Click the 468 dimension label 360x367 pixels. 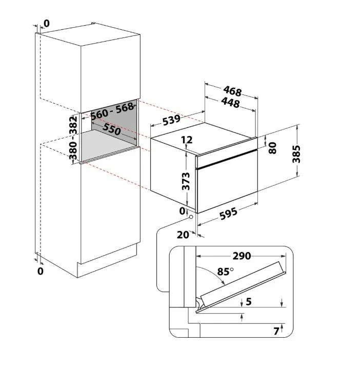point(232,92)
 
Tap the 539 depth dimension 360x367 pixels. point(170,121)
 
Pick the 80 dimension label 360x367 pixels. point(272,147)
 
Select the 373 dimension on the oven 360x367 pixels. point(186,182)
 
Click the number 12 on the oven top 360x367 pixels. point(187,140)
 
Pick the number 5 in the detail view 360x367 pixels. point(249,302)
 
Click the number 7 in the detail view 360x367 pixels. point(276,331)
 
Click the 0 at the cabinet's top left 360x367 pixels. point(47,23)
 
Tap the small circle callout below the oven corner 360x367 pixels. point(192,217)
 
